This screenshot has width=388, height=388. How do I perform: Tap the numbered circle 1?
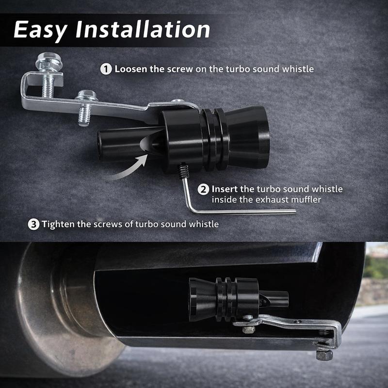106,69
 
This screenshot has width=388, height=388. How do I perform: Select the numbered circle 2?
204,189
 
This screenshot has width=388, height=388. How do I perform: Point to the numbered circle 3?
33,224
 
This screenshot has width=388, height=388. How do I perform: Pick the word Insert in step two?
226,189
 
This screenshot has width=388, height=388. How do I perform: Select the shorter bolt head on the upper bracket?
86,95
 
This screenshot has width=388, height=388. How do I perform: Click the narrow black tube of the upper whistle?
116,143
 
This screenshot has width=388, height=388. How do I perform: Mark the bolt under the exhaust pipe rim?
324,355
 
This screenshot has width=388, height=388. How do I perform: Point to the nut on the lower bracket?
249,329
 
